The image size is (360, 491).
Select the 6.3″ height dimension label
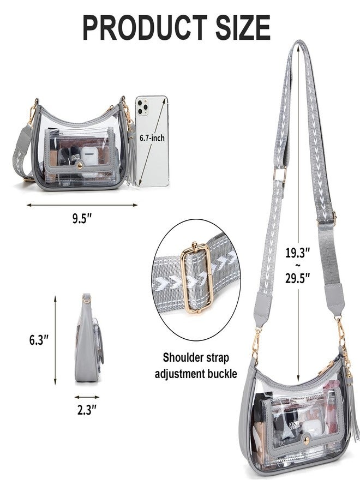click(39, 339)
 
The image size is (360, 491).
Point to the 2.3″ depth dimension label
click(87, 410)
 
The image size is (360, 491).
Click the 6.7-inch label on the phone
click(152, 138)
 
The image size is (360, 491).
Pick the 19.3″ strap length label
click(297, 252)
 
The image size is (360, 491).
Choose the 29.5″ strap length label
click(297, 278)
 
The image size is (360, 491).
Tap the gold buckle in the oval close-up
click(196, 278)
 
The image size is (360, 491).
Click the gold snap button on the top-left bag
click(80, 165)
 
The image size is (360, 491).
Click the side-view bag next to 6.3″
click(88, 338)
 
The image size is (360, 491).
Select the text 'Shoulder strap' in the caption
click(196, 357)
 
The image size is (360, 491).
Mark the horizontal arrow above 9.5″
click(82, 205)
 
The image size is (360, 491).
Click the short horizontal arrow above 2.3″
click(87, 397)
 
